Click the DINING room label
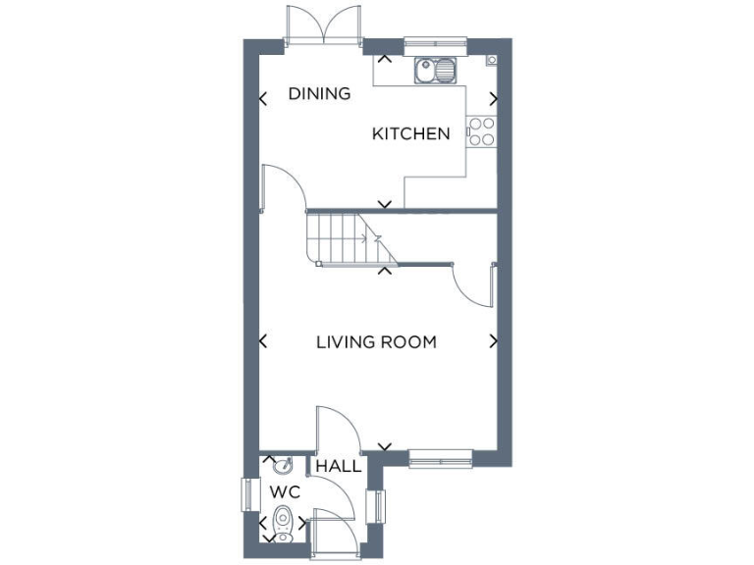319,94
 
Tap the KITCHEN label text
410,133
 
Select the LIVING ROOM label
376,342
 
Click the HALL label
338,467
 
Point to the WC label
284,489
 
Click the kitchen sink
436,70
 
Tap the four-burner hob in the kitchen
482,131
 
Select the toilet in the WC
284,522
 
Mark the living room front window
441,455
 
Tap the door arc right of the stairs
471,284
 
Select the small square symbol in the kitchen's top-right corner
491,60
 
